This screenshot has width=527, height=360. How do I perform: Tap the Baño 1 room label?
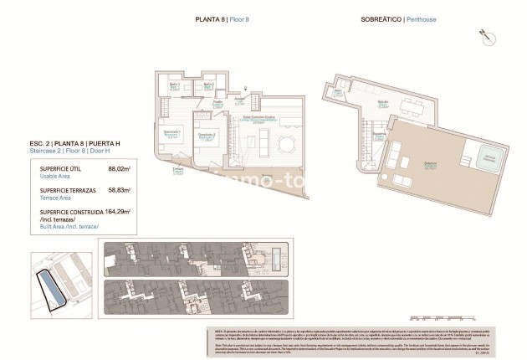coord(175,85)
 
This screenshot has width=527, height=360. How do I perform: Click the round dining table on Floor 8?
coord(285,144)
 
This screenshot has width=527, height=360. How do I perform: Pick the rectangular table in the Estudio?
coord(412,106)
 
